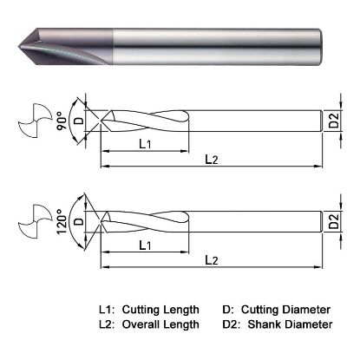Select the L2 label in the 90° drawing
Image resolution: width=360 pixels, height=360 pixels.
point(211,158)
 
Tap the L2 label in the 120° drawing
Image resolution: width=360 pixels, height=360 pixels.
point(211,259)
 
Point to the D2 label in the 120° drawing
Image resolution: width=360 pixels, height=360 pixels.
point(334,223)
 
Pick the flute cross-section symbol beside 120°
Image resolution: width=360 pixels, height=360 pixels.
point(32,223)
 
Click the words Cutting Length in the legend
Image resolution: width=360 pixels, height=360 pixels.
point(160,310)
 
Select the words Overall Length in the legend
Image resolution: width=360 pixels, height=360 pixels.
point(160,324)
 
